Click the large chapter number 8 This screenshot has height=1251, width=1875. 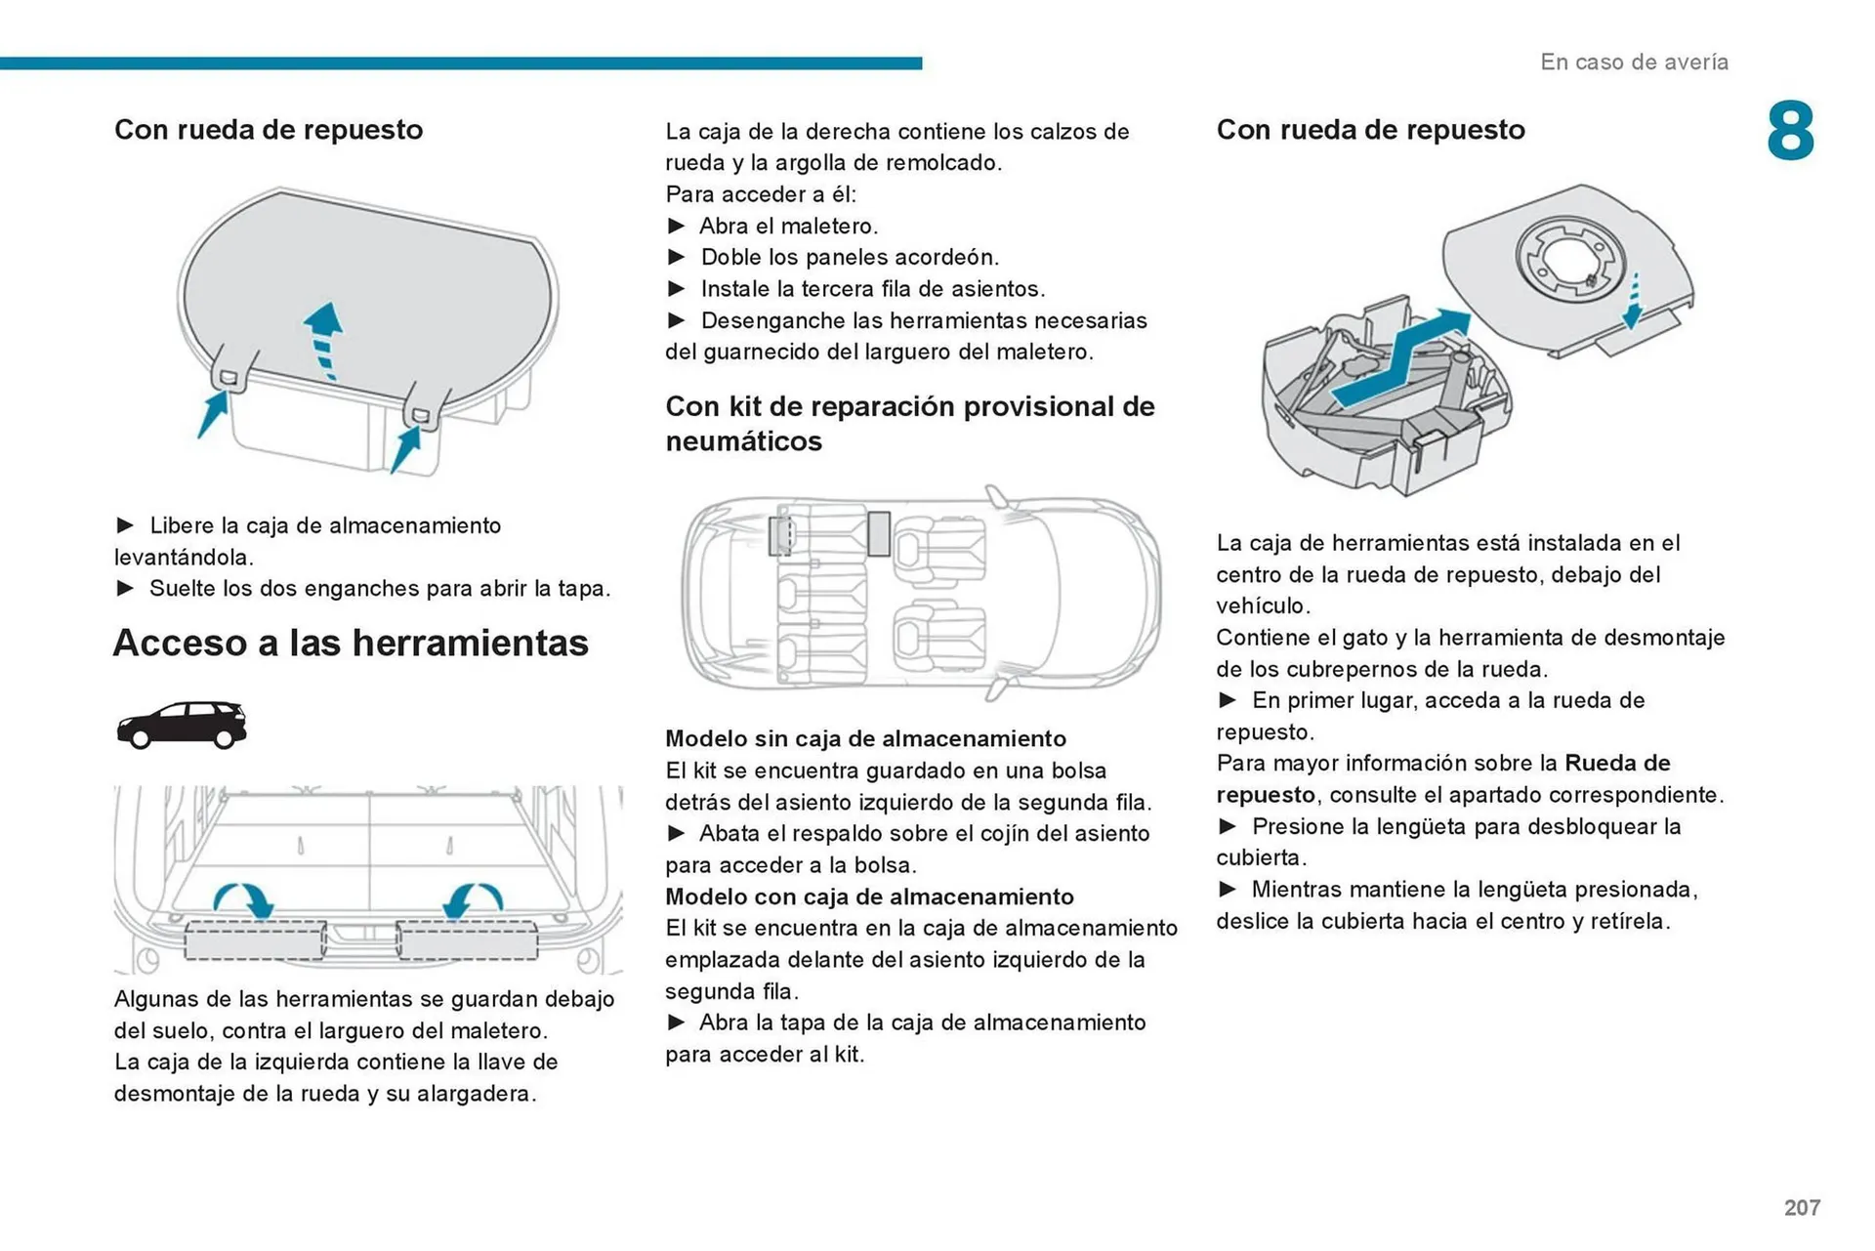point(1790,131)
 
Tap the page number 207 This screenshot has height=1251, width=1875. point(1802,1207)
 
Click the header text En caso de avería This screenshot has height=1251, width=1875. point(1634,62)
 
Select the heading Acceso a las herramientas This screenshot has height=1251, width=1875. point(351,643)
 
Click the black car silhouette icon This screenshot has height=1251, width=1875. point(182,725)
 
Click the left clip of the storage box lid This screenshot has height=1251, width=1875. point(229,376)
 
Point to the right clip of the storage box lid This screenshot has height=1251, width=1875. point(421,414)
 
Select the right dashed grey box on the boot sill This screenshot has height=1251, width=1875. point(467,940)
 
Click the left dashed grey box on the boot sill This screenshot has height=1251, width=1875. point(255,940)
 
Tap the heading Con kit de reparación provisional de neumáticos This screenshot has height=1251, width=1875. point(909,423)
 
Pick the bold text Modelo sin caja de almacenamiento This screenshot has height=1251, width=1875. point(865,738)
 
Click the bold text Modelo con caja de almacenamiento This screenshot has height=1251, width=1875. point(869,897)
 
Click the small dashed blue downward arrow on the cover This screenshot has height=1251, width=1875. point(1633,301)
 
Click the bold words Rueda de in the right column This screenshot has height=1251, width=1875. point(1617,763)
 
